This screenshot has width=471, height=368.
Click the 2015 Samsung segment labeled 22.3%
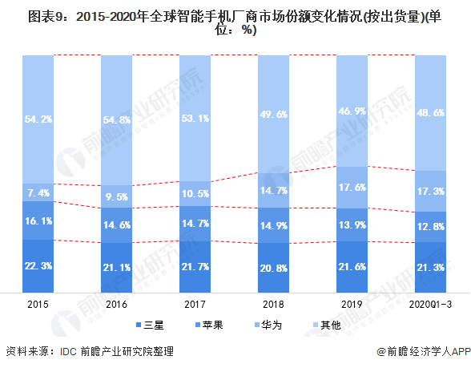(x=38, y=266)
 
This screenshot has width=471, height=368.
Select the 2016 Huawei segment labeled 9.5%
(x=117, y=196)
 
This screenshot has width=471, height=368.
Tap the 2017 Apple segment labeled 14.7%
(x=195, y=224)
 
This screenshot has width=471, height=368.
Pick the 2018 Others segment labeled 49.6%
(x=273, y=114)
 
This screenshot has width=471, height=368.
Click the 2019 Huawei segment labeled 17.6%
(x=352, y=188)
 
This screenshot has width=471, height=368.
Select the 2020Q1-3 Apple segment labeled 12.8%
(x=430, y=227)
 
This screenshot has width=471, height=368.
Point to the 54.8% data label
(x=117, y=120)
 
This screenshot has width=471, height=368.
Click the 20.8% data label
(x=273, y=268)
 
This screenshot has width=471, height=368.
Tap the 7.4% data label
(x=38, y=192)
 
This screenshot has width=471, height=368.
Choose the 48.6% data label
(x=430, y=113)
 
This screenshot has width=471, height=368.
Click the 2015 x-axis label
(x=38, y=305)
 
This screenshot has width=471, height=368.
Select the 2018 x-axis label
(x=273, y=305)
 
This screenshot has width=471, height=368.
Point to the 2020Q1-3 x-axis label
(x=430, y=305)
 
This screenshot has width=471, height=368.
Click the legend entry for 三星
(x=150, y=325)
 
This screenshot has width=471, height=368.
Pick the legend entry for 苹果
(x=209, y=325)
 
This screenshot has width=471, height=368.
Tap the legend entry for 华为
(x=268, y=325)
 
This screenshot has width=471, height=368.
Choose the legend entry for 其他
(x=327, y=325)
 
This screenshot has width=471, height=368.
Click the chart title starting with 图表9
(x=235, y=22)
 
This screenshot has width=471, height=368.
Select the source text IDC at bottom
(x=69, y=351)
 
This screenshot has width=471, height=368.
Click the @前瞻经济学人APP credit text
(x=424, y=351)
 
